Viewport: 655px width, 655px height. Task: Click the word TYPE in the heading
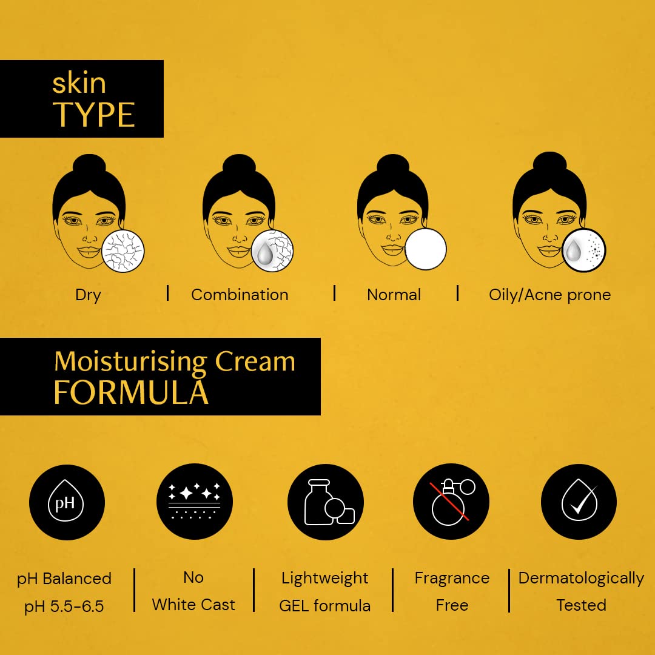pyautogui.click(x=94, y=115)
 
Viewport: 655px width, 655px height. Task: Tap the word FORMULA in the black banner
pyautogui.click(x=130, y=392)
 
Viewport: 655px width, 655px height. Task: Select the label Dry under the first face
pyautogui.click(x=88, y=295)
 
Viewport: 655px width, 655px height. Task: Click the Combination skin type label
pyautogui.click(x=240, y=295)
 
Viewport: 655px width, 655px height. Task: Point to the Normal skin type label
pyautogui.click(x=394, y=295)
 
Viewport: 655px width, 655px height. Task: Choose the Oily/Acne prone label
pyautogui.click(x=549, y=295)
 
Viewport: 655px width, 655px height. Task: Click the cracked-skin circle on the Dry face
pyautogui.click(x=124, y=251)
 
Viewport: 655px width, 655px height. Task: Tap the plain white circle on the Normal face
pyautogui.click(x=426, y=249)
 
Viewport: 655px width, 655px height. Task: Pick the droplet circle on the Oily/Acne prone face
pyautogui.click(x=583, y=250)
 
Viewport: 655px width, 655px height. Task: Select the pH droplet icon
pyautogui.click(x=67, y=502)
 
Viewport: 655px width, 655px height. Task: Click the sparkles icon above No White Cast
pyautogui.click(x=194, y=502)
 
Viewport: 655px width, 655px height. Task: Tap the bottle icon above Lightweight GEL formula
pyautogui.click(x=326, y=502)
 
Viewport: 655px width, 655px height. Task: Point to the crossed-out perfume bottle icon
pyautogui.click(x=451, y=502)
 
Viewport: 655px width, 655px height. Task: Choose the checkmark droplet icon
pyautogui.click(x=579, y=502)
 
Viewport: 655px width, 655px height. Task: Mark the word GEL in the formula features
pyautogui.click(x=295, y=605)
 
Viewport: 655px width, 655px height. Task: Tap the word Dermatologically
pyautogui.click(x=581, y=579)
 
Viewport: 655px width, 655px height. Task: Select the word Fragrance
pyautogui.click(x=452, y=579)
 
